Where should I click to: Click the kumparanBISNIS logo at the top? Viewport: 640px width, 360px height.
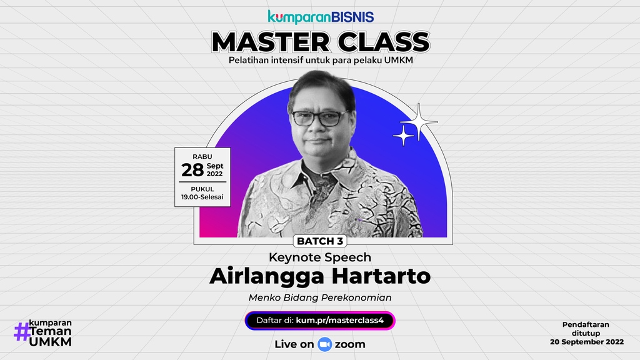pos(321,17)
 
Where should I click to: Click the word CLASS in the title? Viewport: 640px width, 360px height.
pos(381,42)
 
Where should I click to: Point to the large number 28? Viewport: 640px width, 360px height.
pos(192,169)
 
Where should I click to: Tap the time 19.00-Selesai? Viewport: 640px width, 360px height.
pos(202,197)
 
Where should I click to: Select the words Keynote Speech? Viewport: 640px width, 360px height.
pos(319,257)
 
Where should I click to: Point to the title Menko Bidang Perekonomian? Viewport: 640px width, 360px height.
pos(320,297)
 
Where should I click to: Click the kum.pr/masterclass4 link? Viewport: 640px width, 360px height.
pos(344,321)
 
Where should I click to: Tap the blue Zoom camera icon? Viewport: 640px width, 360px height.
pos(324,344)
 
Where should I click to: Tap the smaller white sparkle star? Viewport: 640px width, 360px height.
pos(403,135)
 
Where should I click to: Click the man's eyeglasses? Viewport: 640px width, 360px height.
pos(319,117)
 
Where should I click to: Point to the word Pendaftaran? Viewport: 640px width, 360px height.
pos(585,324)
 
